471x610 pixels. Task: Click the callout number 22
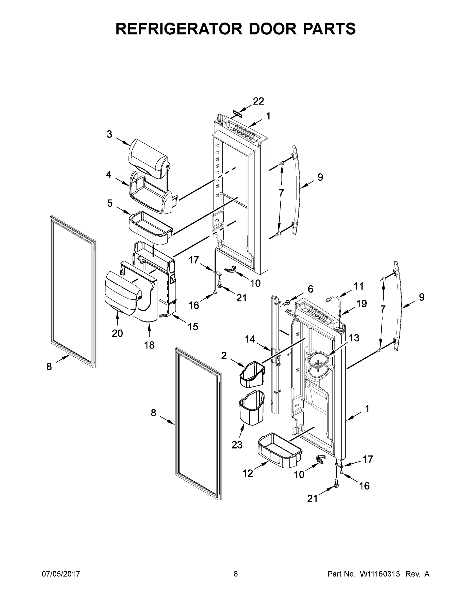[258, 101]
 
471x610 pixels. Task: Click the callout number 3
[109, 134]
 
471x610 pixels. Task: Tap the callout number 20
[117, 333]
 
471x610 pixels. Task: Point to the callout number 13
[354, 338]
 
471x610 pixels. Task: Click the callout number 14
[250, 339]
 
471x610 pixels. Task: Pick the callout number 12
[248, 473]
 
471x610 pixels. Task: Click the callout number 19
[361, 304]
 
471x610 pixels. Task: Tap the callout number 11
[359, 286]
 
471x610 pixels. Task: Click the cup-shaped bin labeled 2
[252, 375]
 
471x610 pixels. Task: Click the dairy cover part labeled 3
[148, 158]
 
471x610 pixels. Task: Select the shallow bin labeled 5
[151, 228]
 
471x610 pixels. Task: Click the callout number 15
[193, 326]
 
